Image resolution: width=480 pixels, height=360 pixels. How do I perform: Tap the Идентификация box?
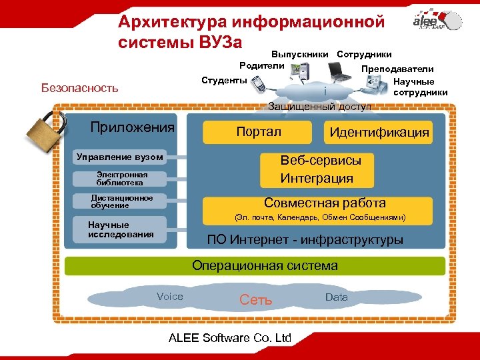tap(379, 132)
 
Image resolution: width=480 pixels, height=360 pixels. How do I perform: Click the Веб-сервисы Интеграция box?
tap(321, 170)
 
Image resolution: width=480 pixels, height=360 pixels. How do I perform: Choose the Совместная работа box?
tap(325, 203)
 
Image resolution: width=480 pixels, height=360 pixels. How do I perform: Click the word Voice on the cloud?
tap(169, 297)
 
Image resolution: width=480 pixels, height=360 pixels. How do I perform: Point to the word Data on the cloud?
tap(337, 297)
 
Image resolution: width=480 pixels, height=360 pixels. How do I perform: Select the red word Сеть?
tap(256, 300)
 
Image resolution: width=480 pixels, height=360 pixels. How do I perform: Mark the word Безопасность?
tap(79, 87)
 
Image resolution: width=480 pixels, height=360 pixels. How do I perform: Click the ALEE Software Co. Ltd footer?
tap(230, 337)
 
